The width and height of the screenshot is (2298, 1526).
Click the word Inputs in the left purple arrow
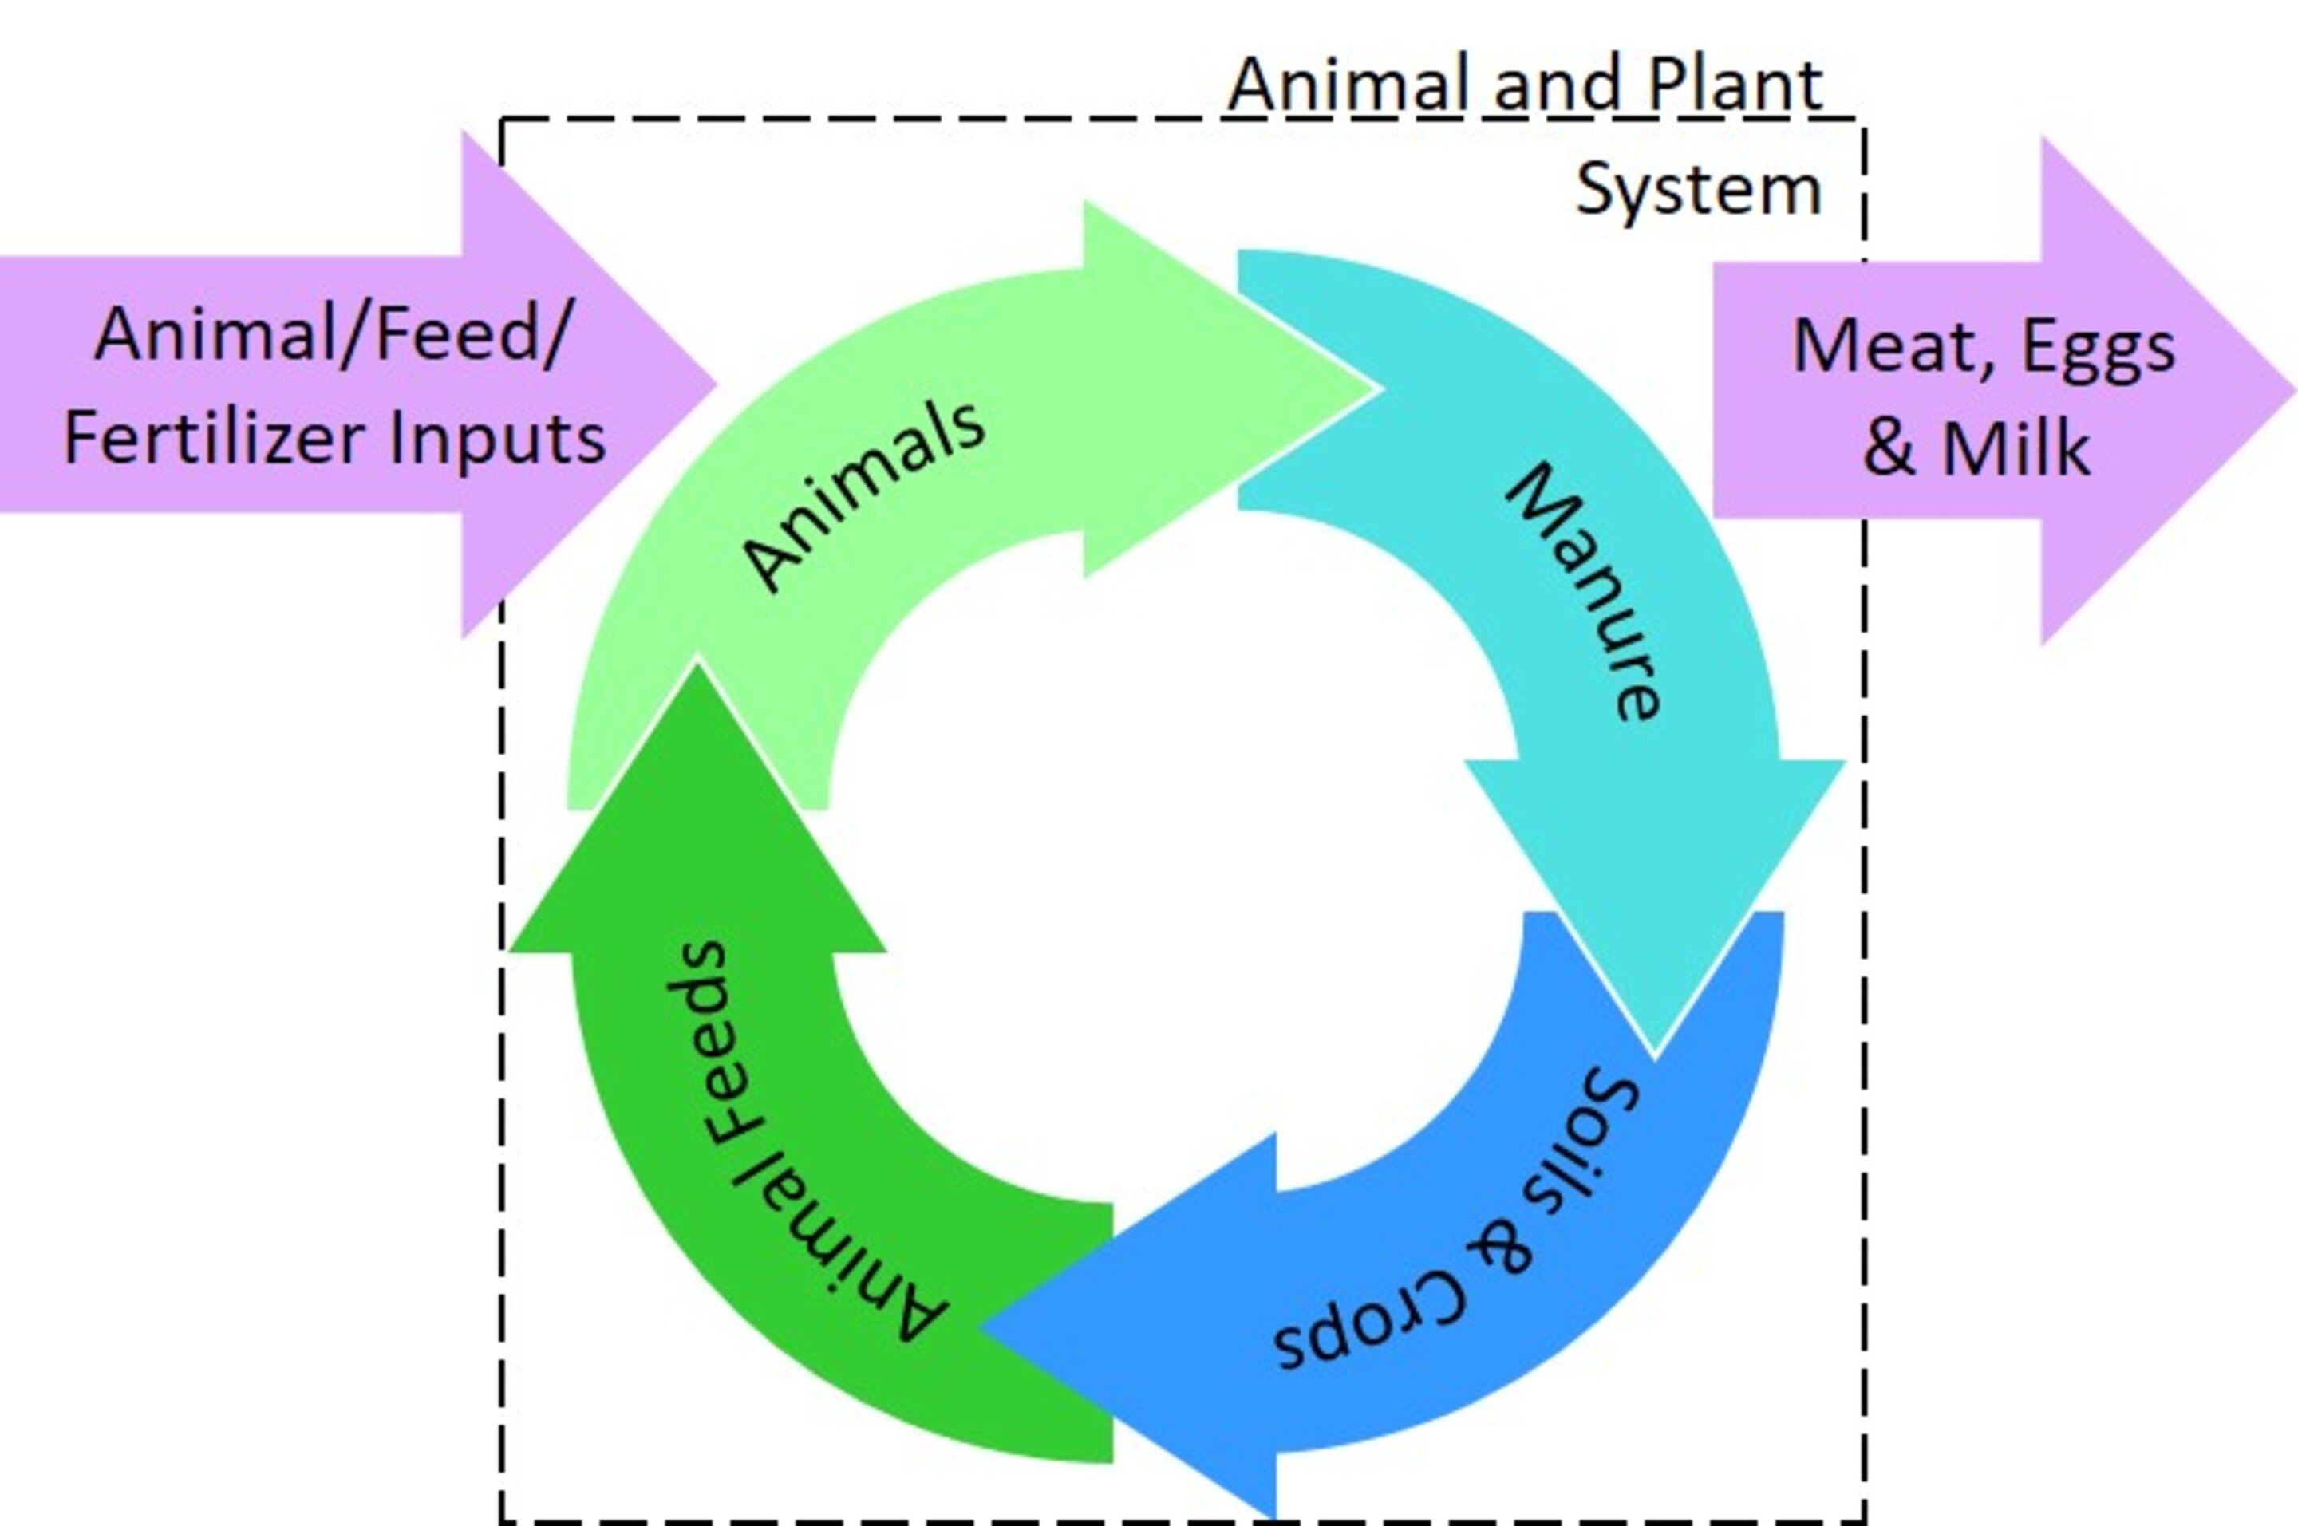tap(497, 439)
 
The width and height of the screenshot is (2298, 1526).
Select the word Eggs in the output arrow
tap(2099, 349)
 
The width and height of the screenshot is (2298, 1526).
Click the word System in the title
tap(1699, 189)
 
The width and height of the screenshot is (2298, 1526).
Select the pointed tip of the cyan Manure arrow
tap(1655, 1054)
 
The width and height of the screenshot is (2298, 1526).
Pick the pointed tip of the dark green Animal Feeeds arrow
tap(697, 664)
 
